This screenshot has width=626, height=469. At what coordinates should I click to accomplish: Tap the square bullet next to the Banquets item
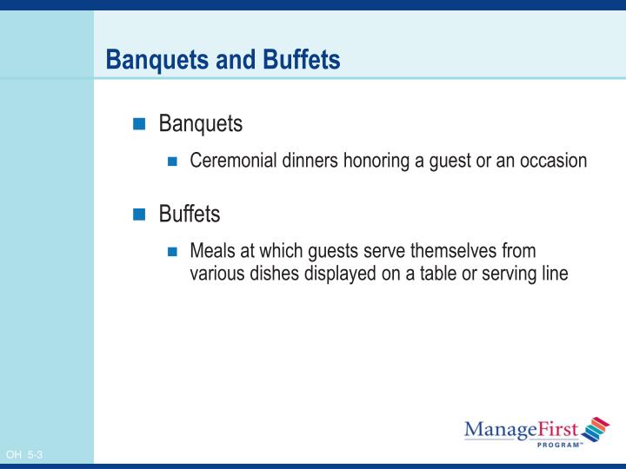pos(139,125)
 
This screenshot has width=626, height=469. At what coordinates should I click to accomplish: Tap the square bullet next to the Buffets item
pos(139,215)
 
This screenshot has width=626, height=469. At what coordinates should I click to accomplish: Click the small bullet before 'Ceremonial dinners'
pos(172,162)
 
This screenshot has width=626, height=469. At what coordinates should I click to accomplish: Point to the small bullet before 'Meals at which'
pos(172,252)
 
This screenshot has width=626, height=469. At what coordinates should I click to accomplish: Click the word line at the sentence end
pos(553,273)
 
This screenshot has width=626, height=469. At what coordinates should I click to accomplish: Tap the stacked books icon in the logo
pos(596,428)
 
